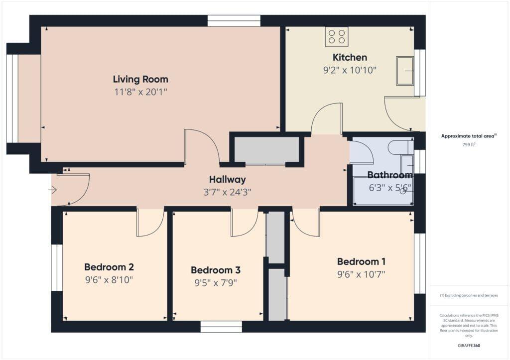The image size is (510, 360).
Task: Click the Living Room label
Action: [x=140, y=79]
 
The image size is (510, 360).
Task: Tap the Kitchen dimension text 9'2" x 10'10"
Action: [x=349, y=70]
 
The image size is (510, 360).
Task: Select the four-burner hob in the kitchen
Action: [x=337, y=36]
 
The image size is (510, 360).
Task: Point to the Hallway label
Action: [x=227, y=180]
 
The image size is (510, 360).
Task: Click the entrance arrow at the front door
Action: [x=53, y=190]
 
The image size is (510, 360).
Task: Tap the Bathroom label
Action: [x=389, y=175]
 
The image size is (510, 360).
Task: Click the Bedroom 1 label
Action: [x=361, y=261]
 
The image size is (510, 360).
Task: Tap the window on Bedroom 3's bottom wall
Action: [x=221, y=327]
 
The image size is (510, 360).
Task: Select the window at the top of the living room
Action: [x=234, y=20]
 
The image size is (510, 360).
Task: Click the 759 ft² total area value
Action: [x=468, y=145]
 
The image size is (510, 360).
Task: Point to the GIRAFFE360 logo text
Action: [x=469, y=346]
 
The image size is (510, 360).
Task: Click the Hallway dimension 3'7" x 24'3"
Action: [x=227, y=192]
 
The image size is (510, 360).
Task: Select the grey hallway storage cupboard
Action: [x=266, y=150]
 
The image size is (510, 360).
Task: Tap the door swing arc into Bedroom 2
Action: [x=150, y=224]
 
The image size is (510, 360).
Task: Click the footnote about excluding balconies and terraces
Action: [x=469, y=295]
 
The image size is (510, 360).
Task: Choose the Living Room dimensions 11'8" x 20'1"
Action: [x=140, y=92]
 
